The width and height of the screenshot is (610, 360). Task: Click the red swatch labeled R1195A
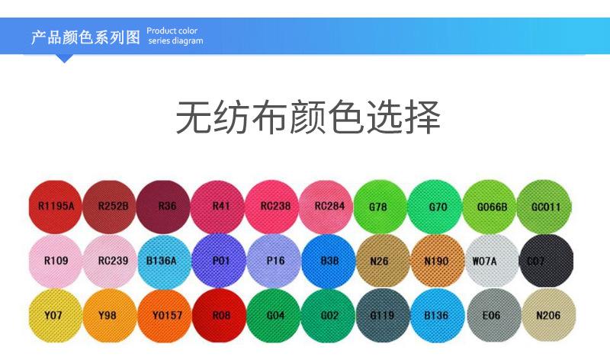point(56,205)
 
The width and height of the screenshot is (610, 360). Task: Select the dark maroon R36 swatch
point(167,205)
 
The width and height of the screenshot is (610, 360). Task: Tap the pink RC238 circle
point(275,205)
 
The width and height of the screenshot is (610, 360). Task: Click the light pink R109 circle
point(56,260)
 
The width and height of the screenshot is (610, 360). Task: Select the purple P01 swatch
point(221,260)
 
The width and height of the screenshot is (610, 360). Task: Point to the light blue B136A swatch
point(165,260)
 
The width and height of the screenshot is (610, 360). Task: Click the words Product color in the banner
point(172,31)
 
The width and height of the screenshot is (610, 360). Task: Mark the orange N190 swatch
point(436,260)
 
